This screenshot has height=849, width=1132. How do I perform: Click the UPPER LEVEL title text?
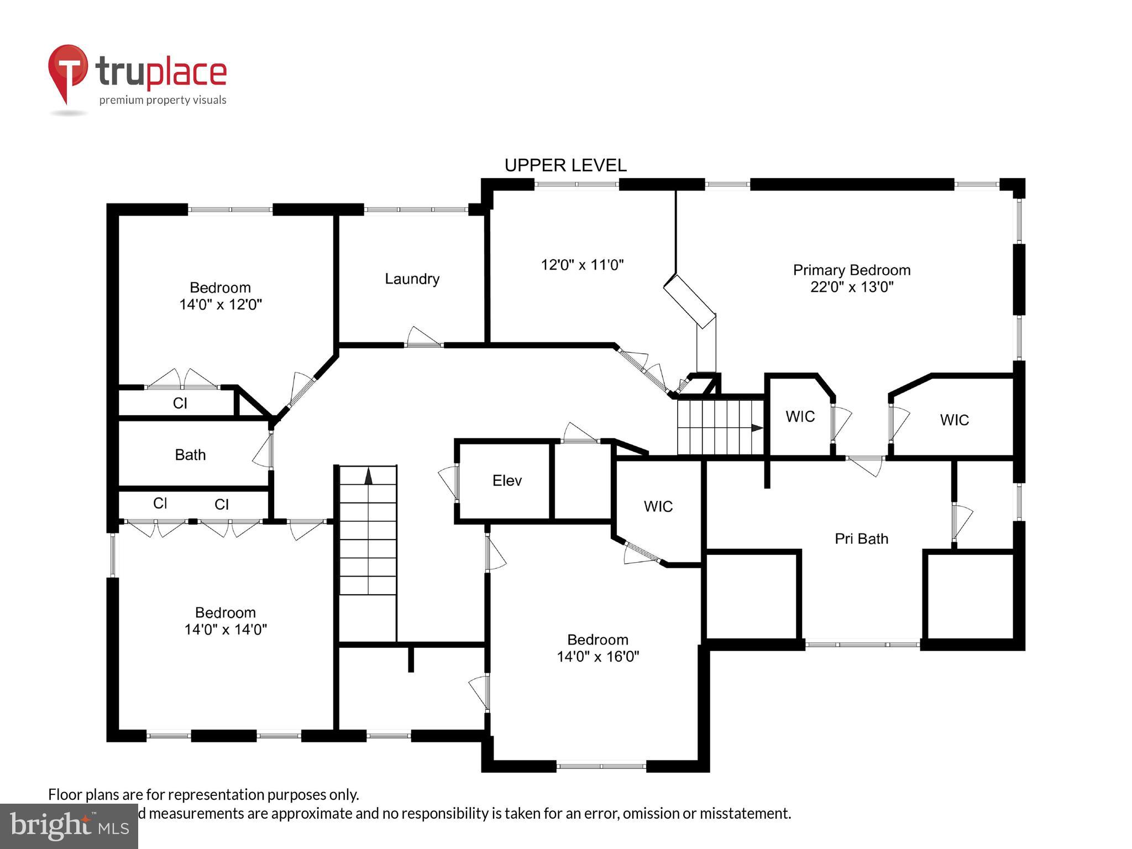[x=565, y=165]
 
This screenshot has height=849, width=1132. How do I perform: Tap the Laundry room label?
[x=412, y=279]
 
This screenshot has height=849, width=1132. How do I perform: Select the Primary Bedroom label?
[x=851, y=270]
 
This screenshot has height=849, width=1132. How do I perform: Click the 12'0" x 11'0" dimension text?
[x=582, y=265]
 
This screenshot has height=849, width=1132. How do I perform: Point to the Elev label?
[x=507, y=480]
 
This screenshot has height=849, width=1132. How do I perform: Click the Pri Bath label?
[x=861, y=538]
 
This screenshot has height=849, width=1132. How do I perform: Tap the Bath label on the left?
[x=190, y=455]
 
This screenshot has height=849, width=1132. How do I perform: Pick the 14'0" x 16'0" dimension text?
[x=598, y=657]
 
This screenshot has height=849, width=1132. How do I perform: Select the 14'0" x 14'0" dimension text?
[x=226, y=630]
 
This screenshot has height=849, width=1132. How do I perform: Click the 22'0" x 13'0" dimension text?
[x=852, y=287]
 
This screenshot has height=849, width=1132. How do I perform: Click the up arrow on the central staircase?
[x=368, y=475]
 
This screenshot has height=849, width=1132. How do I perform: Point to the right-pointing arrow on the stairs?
[x=757, y=428]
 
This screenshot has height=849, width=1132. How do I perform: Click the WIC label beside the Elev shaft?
[x=658, y=506]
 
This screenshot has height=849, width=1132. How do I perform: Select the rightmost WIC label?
[x=954, y=420]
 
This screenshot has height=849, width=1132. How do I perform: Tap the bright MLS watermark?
[x=69, y=826]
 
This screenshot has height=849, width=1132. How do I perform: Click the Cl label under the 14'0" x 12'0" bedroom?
[x=180, y=403]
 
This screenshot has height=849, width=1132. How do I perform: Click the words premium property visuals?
[x=163, y=100]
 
